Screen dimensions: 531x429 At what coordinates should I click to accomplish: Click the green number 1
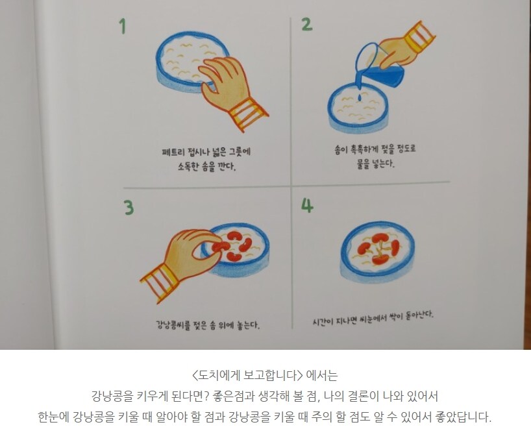(x=123, y=26)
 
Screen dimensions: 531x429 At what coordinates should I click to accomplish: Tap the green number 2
(x=307, y=25)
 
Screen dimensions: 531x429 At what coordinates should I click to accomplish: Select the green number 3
(x=129, y=208)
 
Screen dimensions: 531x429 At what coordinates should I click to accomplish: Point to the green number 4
(x=308, y=205)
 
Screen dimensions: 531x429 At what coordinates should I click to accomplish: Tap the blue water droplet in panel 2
(x=360, y=98)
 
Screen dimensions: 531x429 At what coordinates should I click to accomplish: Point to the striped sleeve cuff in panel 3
(x=158, y=284)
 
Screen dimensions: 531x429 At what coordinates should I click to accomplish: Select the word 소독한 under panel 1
(x=188, y=167)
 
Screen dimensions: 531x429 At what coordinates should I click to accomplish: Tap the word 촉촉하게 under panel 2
(x=362, y=149)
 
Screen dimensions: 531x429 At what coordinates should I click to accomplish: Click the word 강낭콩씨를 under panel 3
(x=173, y=325)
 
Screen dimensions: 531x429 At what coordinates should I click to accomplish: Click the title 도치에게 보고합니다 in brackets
(x=247, y=375)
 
